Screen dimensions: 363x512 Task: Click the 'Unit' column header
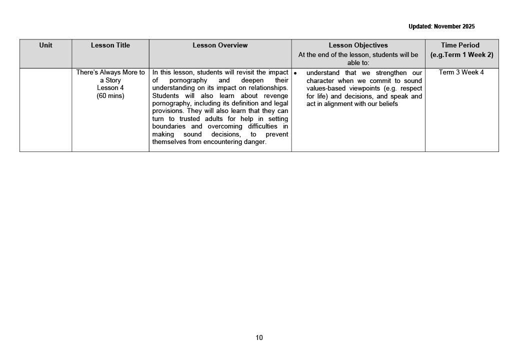click(x=45, y=45)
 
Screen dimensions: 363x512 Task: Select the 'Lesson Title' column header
click(x=110, y=45)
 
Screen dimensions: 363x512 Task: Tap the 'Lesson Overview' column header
click(x=220, y=45)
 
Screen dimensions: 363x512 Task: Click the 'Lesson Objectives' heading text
click(x=358, y=45)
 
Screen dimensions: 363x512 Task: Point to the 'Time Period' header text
click(x=460, y=45)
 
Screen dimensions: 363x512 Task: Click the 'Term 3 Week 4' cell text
click(x=461, y=72)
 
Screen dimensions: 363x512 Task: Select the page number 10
click(x=259, y=337)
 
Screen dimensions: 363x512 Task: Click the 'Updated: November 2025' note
click(x=441, y=26)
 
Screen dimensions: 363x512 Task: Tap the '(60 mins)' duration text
click(x=110, y=95)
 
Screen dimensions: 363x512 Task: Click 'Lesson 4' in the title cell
click(x=110, y=88)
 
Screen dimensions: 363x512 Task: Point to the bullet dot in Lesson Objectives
click(x=295, y=73)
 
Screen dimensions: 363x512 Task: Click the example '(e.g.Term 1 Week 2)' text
click(x=461, y=54)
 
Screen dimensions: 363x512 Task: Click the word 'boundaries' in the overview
click(x=168, y=126)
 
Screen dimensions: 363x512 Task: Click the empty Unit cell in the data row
click(x=45, y=110)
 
